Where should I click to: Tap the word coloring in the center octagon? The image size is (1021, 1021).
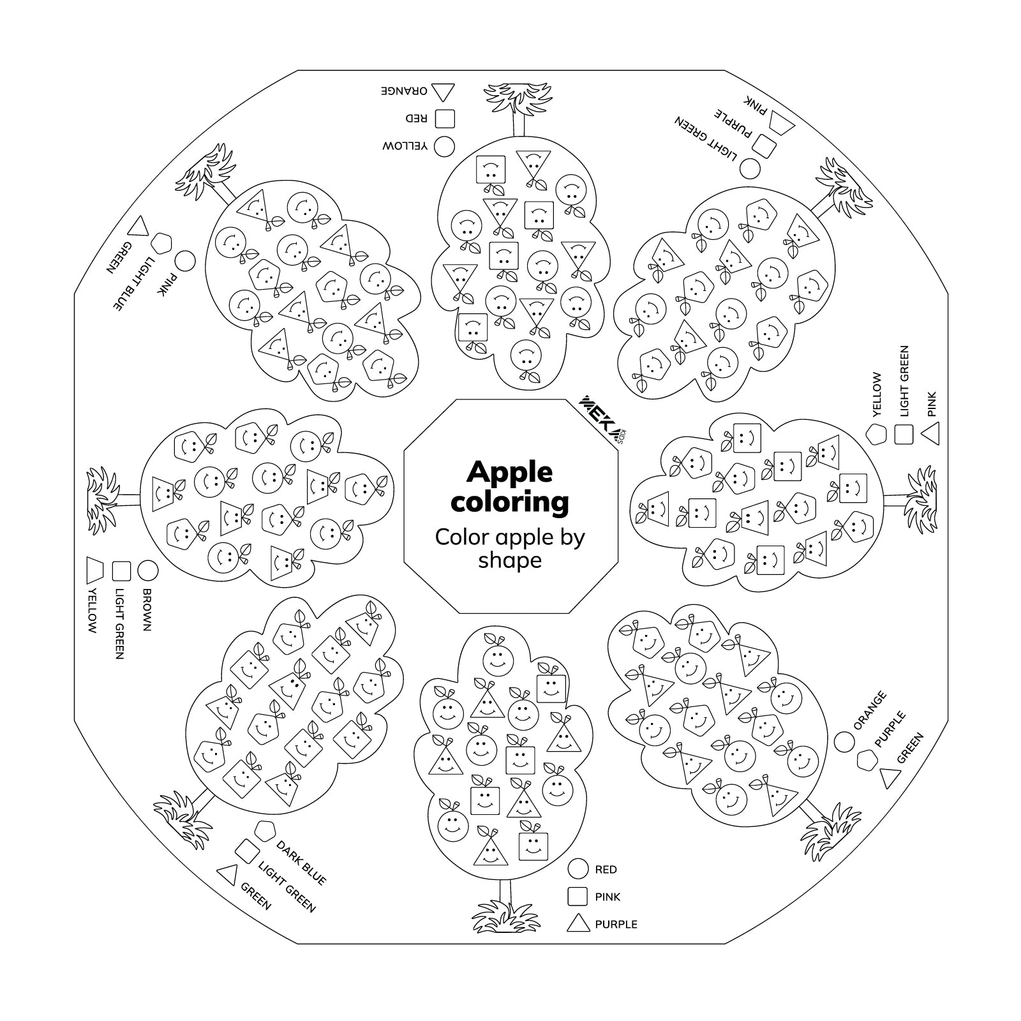tap(510, 502)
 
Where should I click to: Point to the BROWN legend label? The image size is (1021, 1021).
tap(146, 609)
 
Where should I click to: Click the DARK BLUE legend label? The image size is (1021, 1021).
tap(301, 863)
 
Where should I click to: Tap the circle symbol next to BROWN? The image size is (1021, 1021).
tap(148, 570)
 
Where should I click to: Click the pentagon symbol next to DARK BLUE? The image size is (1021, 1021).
tap(264, 831)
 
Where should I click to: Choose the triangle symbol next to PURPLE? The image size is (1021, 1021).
tap(578, 923)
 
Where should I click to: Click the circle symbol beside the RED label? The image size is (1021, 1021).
tap(578, 868)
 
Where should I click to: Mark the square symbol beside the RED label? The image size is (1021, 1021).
tap(445, 118)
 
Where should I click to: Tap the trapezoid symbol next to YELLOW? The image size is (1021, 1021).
tap(95, 570)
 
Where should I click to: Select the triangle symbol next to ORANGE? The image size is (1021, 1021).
tap(443, 92)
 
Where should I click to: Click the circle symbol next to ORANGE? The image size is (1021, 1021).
tap(844, 742)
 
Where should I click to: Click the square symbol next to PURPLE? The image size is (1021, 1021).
tap(764, 146)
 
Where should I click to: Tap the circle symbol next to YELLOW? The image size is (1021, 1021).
tap(445, 146)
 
